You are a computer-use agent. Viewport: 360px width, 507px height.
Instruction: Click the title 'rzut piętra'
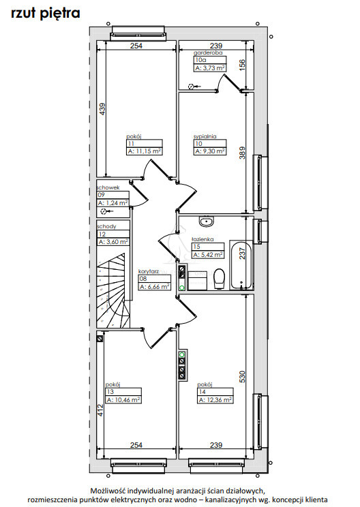(45, 14)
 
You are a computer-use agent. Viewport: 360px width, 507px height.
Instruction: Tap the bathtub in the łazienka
(241, 265)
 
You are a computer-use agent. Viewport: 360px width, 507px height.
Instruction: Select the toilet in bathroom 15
(220, 279)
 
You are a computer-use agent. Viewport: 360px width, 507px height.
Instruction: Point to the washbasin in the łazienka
(206, 221)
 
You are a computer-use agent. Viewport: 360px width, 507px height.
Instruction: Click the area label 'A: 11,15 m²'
(145, 151)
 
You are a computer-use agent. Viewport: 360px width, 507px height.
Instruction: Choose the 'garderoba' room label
(208, 52)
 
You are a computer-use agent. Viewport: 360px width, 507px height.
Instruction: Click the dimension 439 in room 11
(102, 109)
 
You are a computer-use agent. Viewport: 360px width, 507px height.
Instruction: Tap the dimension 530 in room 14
(242, 377)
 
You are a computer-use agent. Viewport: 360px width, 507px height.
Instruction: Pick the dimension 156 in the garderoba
(242, 65)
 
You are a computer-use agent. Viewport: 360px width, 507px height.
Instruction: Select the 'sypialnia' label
(205, 136)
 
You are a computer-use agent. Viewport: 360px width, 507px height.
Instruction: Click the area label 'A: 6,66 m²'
(155, 287)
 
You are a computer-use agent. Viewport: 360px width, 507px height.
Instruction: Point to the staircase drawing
(114, 291)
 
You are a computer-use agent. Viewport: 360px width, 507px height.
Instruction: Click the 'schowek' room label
(108, 187)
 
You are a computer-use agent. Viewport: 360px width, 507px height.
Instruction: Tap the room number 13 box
(123, 392)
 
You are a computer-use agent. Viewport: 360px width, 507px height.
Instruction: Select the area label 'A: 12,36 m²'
(215, 400)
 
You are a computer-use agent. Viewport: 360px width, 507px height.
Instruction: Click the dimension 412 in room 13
(100, 410)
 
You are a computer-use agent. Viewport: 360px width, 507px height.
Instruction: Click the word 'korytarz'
(149, 272)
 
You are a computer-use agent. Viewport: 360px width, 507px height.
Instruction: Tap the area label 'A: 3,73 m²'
(210, 68)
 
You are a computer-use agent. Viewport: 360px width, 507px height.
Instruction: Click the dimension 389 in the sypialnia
(242, 153)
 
